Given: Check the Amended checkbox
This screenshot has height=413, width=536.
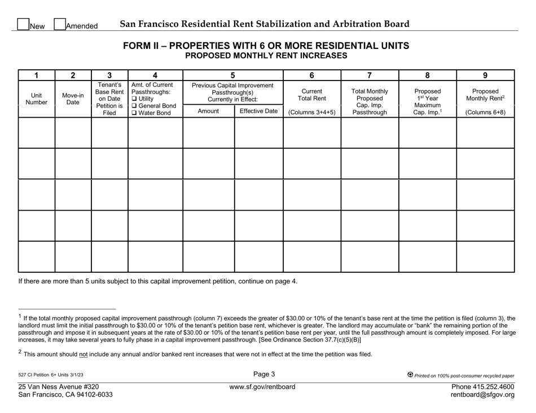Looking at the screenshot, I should point(59,24).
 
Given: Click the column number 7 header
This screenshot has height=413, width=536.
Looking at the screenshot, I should point(370,75).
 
